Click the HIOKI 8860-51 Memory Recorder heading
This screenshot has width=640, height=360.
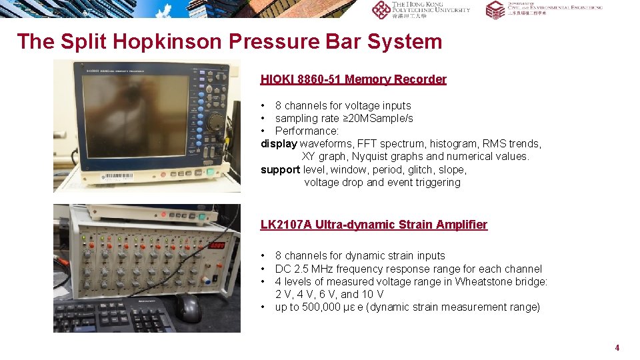tap(353, 79)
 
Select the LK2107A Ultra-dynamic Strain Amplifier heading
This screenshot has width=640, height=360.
tap(373, 225)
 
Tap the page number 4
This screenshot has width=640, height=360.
tap(617, 347)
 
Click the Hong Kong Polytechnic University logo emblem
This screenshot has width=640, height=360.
tap(381, 9)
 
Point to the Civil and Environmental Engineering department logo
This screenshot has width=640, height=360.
tap(495, 9)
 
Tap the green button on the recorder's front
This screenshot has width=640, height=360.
tap(210, 171)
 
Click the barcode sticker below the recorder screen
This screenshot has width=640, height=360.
tap(117, 177)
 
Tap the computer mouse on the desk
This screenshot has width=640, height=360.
tap(189, 307)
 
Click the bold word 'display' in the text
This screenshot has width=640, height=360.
tap(279, 143)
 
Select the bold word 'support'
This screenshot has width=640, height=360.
tap(280, 169)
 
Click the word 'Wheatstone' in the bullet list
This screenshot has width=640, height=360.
tap(480, 281)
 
